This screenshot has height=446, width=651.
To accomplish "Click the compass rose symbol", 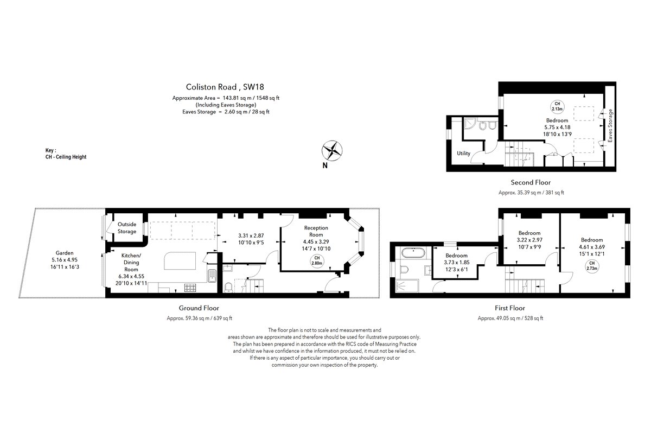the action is [331, 151].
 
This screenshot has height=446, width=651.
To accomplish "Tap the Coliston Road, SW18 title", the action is [225, 87].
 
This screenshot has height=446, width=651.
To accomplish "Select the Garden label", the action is [65, 253].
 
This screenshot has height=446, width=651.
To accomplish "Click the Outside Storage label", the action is [127, 228].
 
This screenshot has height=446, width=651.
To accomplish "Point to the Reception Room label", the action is [316, 231].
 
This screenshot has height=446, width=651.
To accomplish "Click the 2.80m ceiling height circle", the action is [317, 261].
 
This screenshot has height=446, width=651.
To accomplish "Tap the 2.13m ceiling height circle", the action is [557, 106].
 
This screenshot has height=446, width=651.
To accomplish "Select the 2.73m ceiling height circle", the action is [592, 266].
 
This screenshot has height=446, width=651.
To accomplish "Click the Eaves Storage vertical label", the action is [610, 125].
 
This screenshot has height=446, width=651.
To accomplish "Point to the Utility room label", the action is [463, 153].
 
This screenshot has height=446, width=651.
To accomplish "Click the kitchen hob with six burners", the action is [190, 288].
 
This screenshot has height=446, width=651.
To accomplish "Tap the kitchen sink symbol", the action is [212, 276].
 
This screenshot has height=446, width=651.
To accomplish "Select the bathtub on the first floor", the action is [413, 252].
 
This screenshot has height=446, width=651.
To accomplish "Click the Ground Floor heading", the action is [199, 308].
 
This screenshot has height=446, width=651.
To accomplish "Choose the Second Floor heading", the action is [531, 182].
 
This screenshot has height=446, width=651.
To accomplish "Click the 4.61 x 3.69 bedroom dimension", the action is [592, 247].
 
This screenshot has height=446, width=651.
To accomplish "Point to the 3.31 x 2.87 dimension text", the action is [251, 235].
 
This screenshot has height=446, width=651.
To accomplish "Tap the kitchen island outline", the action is [180, 261].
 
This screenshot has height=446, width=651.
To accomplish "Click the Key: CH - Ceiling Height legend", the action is [66, 154].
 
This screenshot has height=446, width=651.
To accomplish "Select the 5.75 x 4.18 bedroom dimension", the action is [557, 127].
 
